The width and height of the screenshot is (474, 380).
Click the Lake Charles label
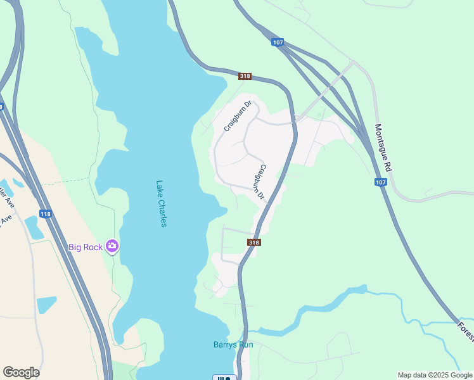[162, 204]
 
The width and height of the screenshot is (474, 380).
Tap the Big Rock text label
[86, 247]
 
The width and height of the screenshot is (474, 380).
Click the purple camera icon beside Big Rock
[112, 246]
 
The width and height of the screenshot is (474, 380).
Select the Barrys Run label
[233, 345]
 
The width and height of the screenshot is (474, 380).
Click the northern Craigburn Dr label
[238, 116]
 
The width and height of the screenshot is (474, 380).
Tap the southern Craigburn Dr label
[260, 183]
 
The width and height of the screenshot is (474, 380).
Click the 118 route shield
[45, 214]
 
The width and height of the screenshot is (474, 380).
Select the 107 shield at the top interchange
[277, 42]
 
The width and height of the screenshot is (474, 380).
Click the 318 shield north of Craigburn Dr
[245, 77]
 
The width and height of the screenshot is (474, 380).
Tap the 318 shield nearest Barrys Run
[254, 243]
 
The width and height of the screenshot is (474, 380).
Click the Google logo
[21, 372]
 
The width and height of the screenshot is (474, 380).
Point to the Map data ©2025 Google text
[435, 375]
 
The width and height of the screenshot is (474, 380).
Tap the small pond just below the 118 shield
[34, 227]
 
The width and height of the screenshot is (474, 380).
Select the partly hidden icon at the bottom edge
[224, 377]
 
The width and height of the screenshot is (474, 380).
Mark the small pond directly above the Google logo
[46, 305]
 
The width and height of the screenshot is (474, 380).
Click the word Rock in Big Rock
[93, 247]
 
